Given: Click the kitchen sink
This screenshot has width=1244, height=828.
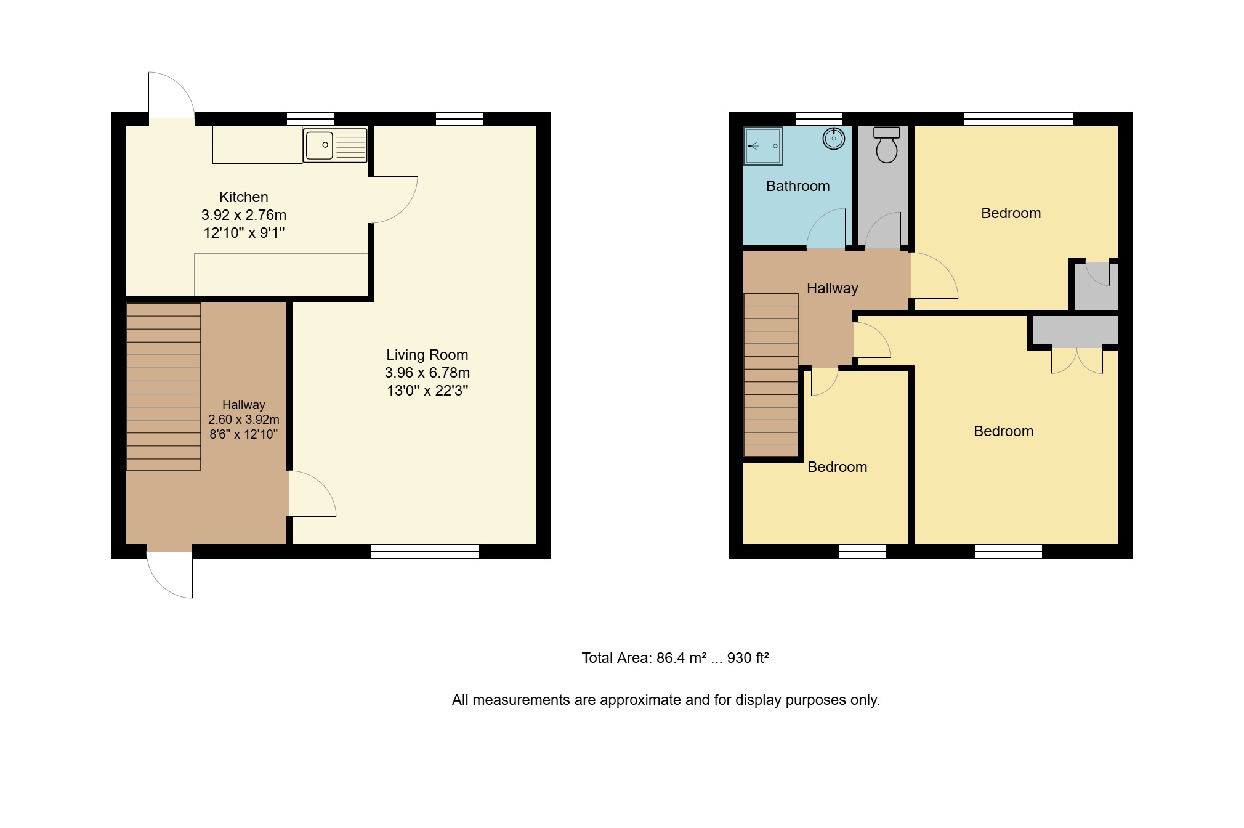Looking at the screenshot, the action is click(x=335, y=145).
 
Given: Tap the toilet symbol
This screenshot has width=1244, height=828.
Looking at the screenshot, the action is click(x=887, y=145).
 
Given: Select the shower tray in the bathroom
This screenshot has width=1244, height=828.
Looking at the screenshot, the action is click(x=763, y=146).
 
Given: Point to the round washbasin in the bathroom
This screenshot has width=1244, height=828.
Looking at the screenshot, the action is click(x=834, y=139).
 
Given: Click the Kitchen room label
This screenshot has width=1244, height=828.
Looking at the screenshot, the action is click(x=244, y=197).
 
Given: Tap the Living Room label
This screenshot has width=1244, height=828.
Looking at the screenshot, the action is click(x=427, y=355).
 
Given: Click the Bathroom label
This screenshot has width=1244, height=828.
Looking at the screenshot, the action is click(x=798, y=186).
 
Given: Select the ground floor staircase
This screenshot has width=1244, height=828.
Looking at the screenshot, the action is click(x=164, y=387).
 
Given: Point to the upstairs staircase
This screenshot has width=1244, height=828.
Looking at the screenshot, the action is click(x=771, y=375).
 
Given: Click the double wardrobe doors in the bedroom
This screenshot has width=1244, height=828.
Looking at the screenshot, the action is click(x=1076, y=362).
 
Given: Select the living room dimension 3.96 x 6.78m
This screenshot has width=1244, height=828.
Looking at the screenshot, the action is click(x=427, y=373).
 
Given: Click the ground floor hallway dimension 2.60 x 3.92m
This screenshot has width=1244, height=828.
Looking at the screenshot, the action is click(x=244, y=420).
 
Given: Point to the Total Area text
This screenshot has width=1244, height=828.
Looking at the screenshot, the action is click(x=676, y=658).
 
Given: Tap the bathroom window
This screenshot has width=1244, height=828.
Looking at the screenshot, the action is click(x=819, y=119).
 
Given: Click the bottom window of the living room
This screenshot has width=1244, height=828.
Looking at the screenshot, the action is click(x=425, y=551).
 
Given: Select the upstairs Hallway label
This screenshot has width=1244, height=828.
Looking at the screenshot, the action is click(x=833, y=288).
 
